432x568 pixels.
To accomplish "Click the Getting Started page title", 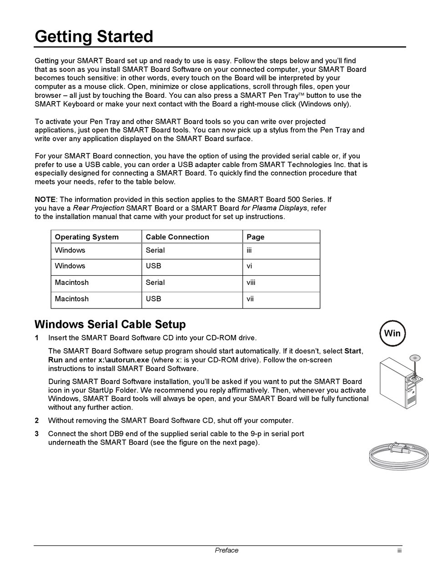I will click(94, 36).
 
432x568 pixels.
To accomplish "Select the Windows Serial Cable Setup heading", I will click(110, 325).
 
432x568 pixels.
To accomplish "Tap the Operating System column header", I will click(86, 237).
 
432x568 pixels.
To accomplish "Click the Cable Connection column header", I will click(177, 237).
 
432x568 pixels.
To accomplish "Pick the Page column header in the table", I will click(255, 237).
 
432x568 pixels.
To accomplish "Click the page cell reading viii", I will click(251, 283).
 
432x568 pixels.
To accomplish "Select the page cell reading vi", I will click(249, 266).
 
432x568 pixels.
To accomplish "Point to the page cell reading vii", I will click(250, 299).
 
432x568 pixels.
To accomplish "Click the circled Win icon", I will click(392, 333).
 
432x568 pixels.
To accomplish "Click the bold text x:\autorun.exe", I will click(124, 360).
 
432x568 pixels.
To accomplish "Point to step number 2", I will click(37, 421).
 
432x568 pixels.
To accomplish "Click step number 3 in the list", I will click(37, 434).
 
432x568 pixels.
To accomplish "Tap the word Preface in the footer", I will click(226, 551).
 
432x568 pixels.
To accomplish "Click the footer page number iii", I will click(399, 551).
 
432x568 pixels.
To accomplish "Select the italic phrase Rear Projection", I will click(99, 208).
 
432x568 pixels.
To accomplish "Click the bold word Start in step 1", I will click(353, 351).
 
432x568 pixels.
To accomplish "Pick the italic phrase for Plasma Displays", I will click(274, 208).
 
